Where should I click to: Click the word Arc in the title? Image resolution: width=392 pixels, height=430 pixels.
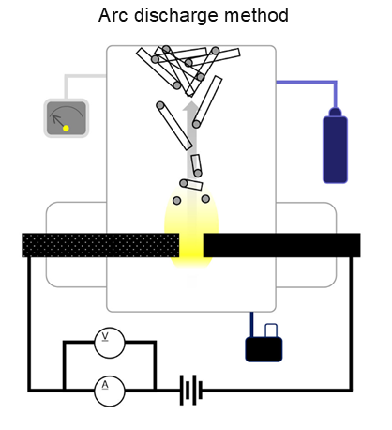(113, 15)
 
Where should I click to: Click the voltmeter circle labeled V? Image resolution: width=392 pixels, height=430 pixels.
(110, 343)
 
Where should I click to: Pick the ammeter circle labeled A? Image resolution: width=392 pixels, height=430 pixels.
(110, 391)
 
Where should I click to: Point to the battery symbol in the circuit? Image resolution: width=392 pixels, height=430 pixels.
(191, 390)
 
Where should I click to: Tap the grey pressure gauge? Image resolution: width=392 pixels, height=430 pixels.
(67, 118)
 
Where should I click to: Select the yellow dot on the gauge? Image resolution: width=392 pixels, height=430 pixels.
(66, 128)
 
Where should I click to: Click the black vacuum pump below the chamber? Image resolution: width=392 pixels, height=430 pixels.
(264, 349)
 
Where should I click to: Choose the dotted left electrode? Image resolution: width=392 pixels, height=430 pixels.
(100, 245)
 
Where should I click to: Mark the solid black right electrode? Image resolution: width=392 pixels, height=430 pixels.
(281, 245)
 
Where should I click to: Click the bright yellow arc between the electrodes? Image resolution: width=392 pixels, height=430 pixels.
(191, 245)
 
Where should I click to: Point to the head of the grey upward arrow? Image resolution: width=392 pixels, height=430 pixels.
(190, 106)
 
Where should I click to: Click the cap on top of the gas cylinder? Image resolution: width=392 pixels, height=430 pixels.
(335, 113)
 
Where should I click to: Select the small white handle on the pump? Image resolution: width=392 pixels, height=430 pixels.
(271, 330)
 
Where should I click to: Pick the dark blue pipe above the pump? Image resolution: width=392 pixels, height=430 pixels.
(252, 324)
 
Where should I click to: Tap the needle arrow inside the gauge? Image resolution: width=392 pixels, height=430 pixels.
(58, 121)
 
